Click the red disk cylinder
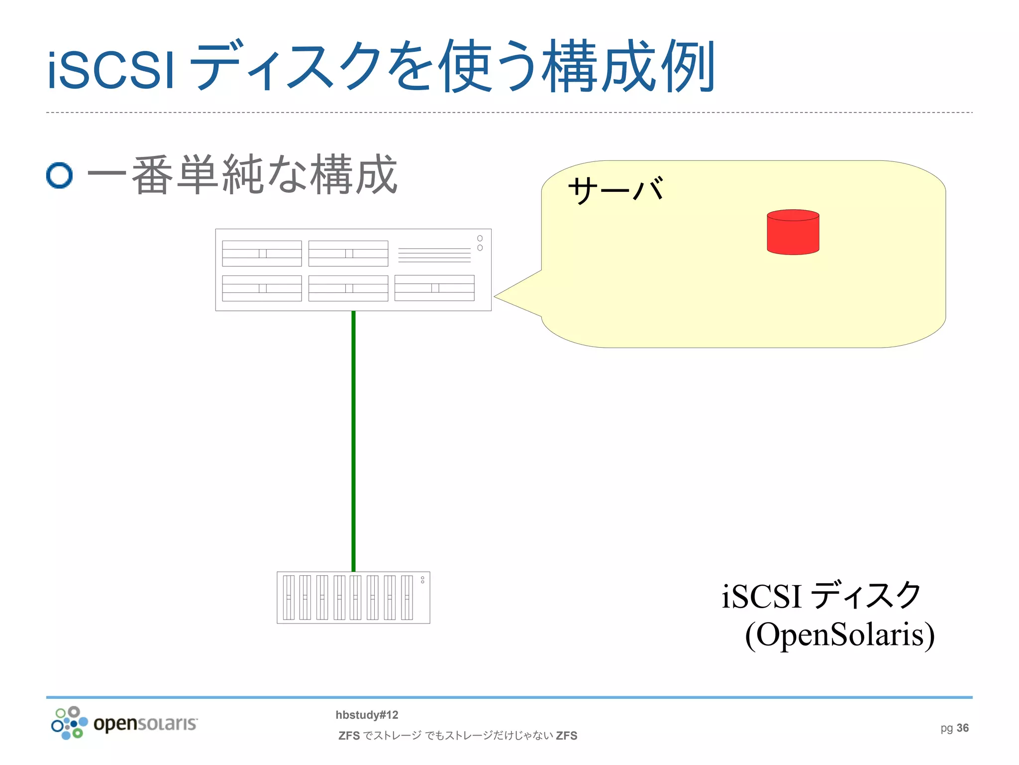pyautogui.click(x=793, y=233)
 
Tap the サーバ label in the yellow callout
pyautogui.click(x=616, y=190)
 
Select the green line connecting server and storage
pyautogui.click(x=353, y=441)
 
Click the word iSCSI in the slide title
pyautogui.click(x=110, y=70)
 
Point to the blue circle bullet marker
pyautogui.click(x=59, y=175)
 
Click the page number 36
pyautogui.click(x=962, y=728)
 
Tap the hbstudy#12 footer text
pyautogui.click(x=367, y=715)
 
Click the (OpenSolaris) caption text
pyautogui.click(x=839, y=635)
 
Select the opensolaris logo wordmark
pyautogui.click(x=145, y=723)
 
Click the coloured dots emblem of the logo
pyautogui.click(x=69, y=723)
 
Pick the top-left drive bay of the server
pyautogui.click(x=262, y=254)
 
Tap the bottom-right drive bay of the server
pyautogui.click(x=434, y=288)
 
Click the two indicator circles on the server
pyautogui.click(x=480, y=243)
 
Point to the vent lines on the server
pyautogui.click(x=434, y=255)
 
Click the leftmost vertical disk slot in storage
pyautogui.click(x=289, y=597)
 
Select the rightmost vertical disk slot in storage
pyautogui.click(x=407, y=597)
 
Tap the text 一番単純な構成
pyautogui.click(x=242, y=175)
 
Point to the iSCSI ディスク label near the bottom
pyautogui.click(x=821, y=596)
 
